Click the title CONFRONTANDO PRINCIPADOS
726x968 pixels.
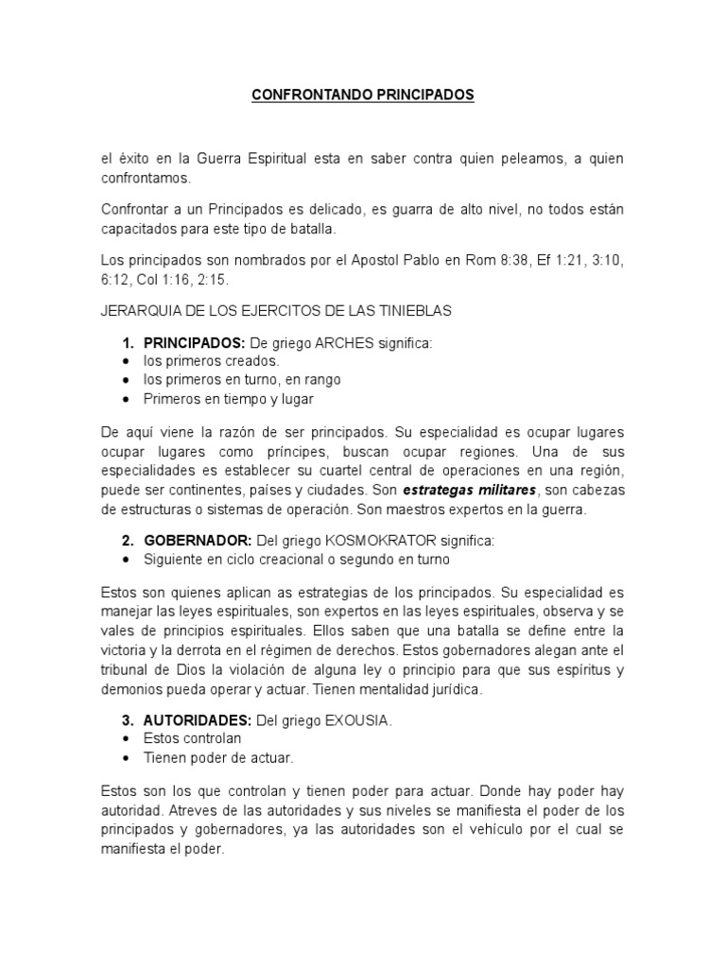click(x=363, y=95)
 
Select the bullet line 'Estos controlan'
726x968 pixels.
click(x=193, y=738)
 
